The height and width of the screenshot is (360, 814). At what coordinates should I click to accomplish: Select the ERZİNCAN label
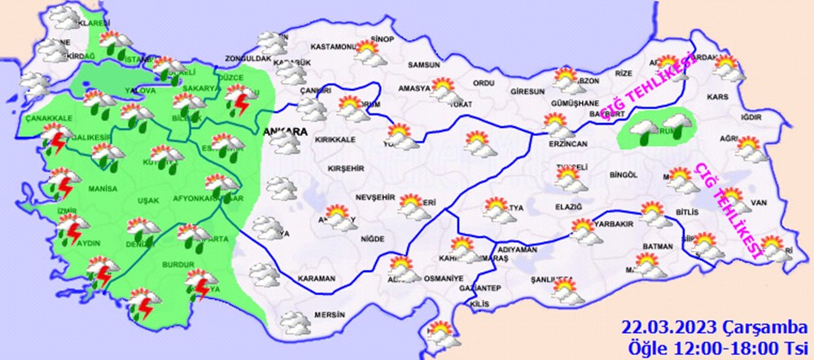(x=567, y=143)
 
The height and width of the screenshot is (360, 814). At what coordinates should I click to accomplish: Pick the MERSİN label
(x=330, y=314)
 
